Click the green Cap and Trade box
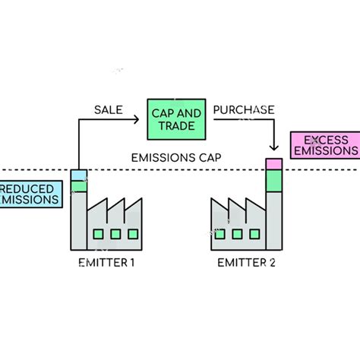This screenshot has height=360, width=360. click(175, 119)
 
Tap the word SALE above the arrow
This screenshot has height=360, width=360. click(108, 109)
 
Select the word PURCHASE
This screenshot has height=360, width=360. click(243, 109)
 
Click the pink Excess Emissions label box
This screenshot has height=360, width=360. click(324, 145)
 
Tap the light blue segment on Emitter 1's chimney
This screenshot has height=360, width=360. click(79, 175)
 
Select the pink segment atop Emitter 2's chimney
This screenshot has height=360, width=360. click(273, 164)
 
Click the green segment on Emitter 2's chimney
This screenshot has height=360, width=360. click(273, 181)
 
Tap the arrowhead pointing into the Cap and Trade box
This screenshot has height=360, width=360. click(142, 119)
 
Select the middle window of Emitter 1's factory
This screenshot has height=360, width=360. click(116, 234)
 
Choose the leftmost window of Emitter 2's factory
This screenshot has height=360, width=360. click(220, 234)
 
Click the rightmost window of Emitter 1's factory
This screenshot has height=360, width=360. click(134, 234)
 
